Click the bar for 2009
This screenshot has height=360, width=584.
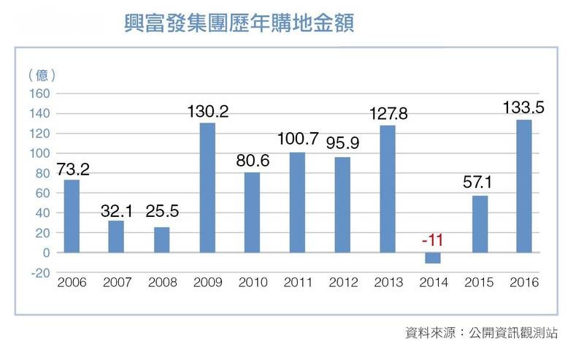tap(207, 188)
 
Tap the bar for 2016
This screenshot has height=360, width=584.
tap(523, 186)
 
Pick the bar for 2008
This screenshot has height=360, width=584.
tap(162, 240)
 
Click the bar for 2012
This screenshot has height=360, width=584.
tap(342, 205)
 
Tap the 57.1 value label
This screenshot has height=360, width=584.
tap(478, 183)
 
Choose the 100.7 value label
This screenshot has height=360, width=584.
tap(297, 139)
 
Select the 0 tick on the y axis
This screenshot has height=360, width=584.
tap(45, 253)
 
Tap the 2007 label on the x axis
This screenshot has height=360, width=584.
tap(117, 283)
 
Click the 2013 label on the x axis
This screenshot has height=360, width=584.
tap(388, 283)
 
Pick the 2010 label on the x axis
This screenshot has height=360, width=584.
tap(253, 283)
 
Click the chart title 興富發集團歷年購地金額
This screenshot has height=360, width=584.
tap(240, 24)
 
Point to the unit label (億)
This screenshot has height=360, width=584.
tap(42, 74)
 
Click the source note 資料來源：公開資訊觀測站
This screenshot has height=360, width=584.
tap(481, 332)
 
